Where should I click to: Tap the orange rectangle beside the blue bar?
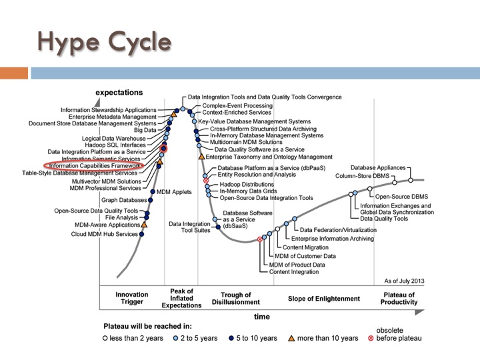14,73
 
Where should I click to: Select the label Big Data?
145,130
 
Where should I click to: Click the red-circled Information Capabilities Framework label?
94,165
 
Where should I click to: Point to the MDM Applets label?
174,192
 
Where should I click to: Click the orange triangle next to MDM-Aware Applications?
144,225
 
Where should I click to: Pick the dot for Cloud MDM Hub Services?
141,234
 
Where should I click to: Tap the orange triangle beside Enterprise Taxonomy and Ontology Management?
201,157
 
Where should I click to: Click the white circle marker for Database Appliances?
411,180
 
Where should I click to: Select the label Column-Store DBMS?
362,176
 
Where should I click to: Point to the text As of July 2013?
404,281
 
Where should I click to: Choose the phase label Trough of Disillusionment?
236,299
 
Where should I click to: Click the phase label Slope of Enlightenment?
324,299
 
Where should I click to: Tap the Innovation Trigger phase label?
131,298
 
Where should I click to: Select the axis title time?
262,317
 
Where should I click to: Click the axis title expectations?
119,93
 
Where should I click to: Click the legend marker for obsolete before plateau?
371,338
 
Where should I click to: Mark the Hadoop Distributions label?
247,184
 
